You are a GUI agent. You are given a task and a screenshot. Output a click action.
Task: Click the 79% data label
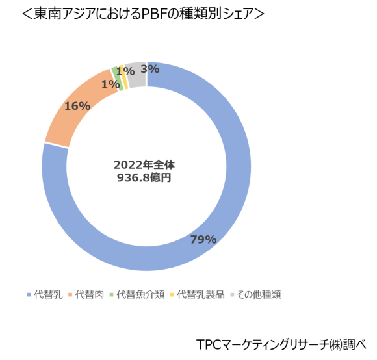point(203,239)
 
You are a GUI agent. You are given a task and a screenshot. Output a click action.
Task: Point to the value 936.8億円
point(144,176)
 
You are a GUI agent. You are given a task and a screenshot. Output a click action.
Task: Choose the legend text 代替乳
point(48,295)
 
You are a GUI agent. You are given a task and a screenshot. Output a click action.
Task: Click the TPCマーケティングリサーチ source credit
point(279,343)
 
